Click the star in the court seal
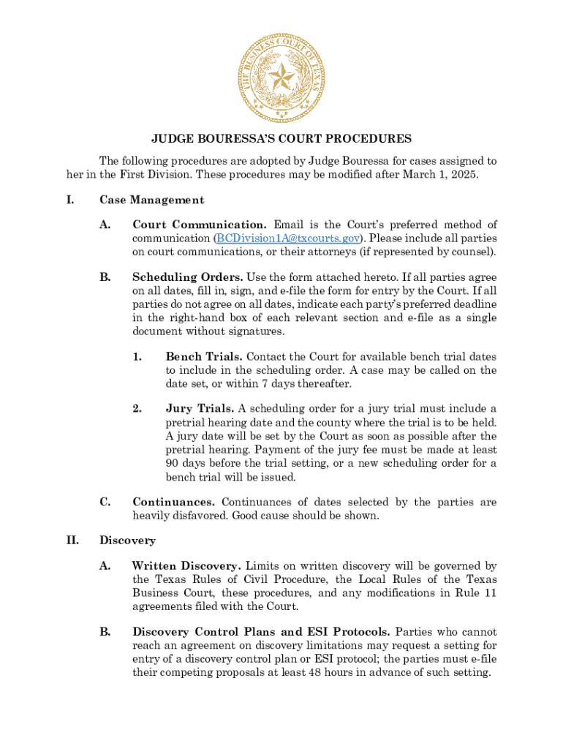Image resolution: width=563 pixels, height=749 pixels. [281, 75]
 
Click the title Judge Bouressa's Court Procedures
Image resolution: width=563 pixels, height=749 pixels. [281, 138]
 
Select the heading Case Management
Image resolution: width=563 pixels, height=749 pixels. [151, 200]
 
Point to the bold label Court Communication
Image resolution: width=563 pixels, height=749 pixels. [199, 225]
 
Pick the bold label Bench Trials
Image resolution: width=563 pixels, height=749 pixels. [204, 356]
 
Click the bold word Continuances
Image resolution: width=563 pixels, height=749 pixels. [173, 502]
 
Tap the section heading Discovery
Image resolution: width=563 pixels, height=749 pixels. [127, 541]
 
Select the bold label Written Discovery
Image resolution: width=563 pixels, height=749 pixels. [186, 565]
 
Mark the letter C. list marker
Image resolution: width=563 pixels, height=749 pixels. [105, 502]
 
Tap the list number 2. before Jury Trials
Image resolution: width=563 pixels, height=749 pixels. [137, 408]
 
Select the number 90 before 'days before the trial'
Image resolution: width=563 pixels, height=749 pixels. [173, 464]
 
